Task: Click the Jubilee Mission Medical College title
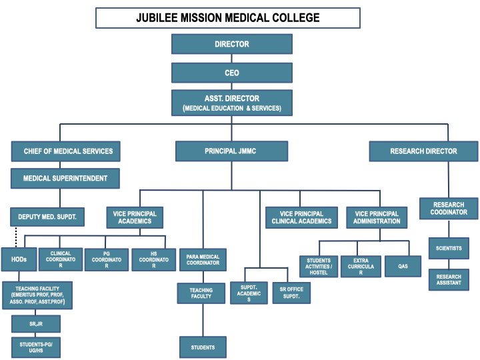228,18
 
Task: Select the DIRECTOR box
232,44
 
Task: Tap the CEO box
232,73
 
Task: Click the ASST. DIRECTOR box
232,103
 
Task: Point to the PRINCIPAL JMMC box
231,151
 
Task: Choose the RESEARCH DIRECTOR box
424,151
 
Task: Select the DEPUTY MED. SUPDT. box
47,217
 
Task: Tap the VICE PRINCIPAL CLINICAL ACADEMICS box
301,217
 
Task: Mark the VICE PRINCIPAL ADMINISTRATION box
376,217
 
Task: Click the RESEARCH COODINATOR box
449,209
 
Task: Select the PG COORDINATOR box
107,259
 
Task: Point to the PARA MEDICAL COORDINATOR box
203,259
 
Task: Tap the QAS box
403,266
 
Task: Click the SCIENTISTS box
449,248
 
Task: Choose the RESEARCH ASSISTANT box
449,280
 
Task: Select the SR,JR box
36,324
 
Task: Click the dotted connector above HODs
16,237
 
